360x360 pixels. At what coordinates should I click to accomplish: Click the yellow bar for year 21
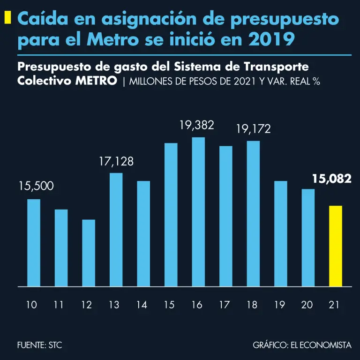coord(336,246)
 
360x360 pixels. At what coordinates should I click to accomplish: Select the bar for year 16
coord(198,211)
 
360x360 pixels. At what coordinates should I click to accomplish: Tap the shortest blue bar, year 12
coord(89,253)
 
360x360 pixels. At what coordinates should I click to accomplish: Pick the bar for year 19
coord(280,233)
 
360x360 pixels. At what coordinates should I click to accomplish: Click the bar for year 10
coord(34,242)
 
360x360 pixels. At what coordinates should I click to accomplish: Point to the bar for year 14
coord(143,233)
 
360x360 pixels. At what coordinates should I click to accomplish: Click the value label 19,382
coord(197,125)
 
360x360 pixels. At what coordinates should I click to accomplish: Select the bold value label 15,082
coord(332,179)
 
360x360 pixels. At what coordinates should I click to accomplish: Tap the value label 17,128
coord(116,162)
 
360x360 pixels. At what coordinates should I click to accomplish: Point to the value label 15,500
coord(36,187)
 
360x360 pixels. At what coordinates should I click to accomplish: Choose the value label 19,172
coord(253,129)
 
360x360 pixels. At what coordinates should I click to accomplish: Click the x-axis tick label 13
coord(114,305)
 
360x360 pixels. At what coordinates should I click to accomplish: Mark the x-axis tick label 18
coord(252,305)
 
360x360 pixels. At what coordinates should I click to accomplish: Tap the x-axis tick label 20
coord(307,305)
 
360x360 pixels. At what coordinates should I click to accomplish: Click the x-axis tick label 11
coord(59,305)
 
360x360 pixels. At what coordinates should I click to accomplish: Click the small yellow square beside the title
coord(7,18)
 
